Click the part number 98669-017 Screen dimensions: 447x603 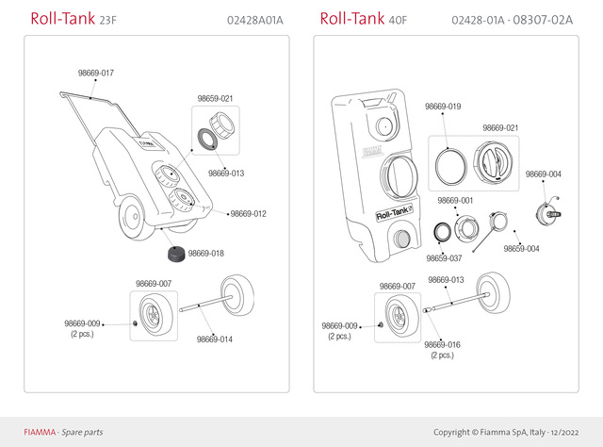click(x=96, y=73)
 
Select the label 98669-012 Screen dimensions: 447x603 click(x=249, y=214)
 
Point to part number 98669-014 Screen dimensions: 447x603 click(x=215, y=339)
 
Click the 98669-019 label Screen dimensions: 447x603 click(x=442, y=107)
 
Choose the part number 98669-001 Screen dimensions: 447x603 click(x=455, y=201)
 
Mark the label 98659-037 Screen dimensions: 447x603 click(x=444, y=257)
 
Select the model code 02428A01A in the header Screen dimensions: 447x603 click(x=255, y=20)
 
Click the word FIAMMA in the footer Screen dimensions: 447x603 click(x=40, y=432)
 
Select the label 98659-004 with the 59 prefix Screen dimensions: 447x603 click(x=521, y=248)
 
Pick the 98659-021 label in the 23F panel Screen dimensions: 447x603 click(x=215, y=98)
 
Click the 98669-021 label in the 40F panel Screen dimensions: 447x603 click(x=500, y=127)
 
